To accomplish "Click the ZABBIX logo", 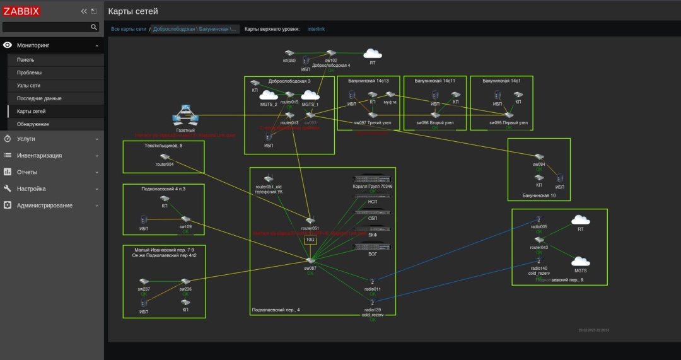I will pyautogui.click(x=22, y=11).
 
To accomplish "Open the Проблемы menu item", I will pyautogui.click(x=30, y=73).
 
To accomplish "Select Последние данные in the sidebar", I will pyautogui.click(x=39, y=98).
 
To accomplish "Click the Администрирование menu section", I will pyautogui.click(x=44, y=206).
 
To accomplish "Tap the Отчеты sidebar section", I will pyautogui.click(x=27, y=172).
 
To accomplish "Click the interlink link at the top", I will pyautogui.click(x=316, y=29).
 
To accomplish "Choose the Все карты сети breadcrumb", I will pyautogui.click(x=129, y=29).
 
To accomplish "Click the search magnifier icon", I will pyautogui.click(x=94, y=27).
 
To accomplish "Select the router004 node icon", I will pyautogui.click(x=165, y=157).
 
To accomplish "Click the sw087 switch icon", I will pyautogui.click(x=310, y=260).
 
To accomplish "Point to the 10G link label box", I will pyautogui.click(x=310, y=240).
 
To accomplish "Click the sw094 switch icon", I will pyautogui.click(x=538, y=157).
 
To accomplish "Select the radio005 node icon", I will pyautogui.click(x=539, y=219).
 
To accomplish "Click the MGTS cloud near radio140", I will pyautogui.click(x=580, y=261).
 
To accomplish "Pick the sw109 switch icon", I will pyautogui.click(x=185, y=219).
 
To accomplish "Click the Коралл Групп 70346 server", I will pyautogui.click(x=372, y=179).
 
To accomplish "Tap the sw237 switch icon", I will pyautogui.click(x=144, y=281).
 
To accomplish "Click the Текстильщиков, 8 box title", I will pyautogui.click(x=163, y=146).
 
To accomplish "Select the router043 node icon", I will pyautogui.click(x=539, y=240).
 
